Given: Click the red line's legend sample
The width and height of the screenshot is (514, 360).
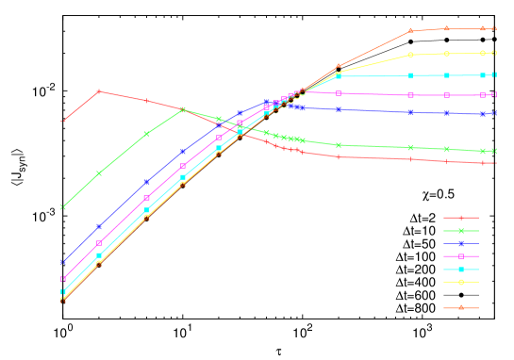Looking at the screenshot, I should click(461, 218).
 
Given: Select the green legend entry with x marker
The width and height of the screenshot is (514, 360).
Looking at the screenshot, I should click(461, 231).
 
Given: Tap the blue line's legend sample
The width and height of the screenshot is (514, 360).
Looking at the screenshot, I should click(461, 243).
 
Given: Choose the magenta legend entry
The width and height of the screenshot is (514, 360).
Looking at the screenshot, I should click(461, 256).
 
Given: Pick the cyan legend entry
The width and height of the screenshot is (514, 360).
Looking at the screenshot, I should click(461, 270).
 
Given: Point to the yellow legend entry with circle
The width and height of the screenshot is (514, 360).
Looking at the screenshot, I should click(461, 282).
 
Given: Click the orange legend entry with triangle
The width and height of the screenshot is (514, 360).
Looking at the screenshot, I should click(461, 307).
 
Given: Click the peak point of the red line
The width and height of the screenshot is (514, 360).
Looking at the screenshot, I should click(99, 91).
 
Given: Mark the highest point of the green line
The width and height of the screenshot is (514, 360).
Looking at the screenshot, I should click(183, 110).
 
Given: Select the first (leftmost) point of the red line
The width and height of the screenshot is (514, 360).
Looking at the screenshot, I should click(63, 121).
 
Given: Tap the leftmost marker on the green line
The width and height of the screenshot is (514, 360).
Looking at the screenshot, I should click(63, 206).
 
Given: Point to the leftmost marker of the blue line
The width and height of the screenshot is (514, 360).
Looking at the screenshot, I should click(63, 262).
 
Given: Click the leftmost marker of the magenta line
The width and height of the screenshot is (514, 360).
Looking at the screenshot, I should click(63, 279).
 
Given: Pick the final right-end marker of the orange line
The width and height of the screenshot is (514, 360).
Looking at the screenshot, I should click(496, 29).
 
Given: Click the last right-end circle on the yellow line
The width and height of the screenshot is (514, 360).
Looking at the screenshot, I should click(496, 53).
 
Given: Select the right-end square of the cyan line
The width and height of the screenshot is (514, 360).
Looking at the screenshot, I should click(496, 74).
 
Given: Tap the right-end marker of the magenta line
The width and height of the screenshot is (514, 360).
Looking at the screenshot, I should click(496, 95).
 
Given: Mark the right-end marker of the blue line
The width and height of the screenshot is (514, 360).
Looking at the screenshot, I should click(496, 113).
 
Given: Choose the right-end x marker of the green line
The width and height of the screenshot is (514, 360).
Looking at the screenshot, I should click(496, 151).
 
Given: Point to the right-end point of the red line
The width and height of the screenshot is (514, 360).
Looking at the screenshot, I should click(496, 163).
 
